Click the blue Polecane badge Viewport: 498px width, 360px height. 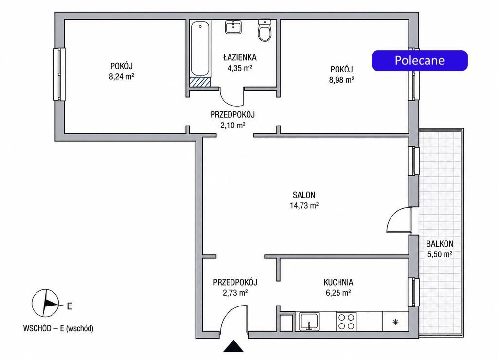[420, 60]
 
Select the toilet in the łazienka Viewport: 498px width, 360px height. [264, 31]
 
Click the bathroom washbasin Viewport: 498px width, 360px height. [233, 27]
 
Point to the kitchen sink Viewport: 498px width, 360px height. [309, 321]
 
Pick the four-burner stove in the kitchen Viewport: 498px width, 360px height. [346, 321]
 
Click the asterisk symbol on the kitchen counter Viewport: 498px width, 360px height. [395, 322]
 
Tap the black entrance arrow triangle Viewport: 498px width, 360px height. [233, 346]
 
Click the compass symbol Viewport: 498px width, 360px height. [45, 303]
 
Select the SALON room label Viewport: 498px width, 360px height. [304, 195]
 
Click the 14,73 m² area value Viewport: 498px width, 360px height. [304, 206]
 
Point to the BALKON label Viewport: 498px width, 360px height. [440, 244]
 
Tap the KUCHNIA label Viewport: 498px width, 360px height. [338, 282]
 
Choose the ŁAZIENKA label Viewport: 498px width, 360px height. [240, 57]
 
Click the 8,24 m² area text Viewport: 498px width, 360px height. [121, 76]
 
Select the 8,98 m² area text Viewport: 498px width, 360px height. [341, 80]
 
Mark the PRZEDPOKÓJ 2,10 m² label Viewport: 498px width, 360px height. [233, 120]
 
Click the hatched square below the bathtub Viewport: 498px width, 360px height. [200, 82]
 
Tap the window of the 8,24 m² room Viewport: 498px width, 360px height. [59, 74]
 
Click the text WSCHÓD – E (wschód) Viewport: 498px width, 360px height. [58, 328]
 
